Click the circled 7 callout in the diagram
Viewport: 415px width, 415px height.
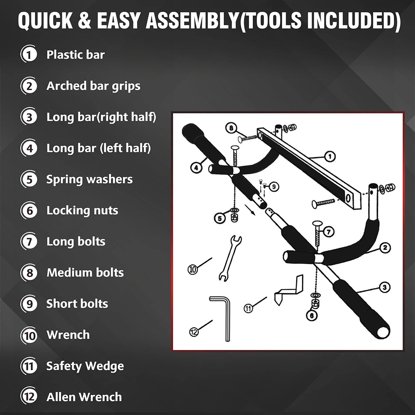point(328,231)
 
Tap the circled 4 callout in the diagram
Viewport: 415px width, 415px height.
point(196,167)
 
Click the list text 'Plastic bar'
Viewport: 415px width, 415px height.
point(76,55)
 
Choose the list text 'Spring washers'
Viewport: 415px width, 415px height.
point(89,179)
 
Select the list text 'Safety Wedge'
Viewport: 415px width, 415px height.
point(85,366)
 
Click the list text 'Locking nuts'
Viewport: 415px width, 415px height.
point(82,210)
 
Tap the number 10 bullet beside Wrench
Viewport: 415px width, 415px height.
point(29,335)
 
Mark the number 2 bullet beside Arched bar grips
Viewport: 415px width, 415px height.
point(29,86)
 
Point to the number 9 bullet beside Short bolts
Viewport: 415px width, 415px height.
point(29,304)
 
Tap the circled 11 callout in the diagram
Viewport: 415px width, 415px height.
point(248,308)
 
